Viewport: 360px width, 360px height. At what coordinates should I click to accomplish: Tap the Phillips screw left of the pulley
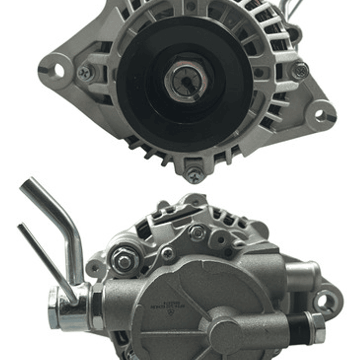coord(86,73)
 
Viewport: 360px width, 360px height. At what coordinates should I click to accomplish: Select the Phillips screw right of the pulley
coord(300,70)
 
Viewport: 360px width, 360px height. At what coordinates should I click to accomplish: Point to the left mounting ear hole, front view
coord(59,71)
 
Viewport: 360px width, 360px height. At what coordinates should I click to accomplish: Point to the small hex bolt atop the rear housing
coord(197,232)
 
